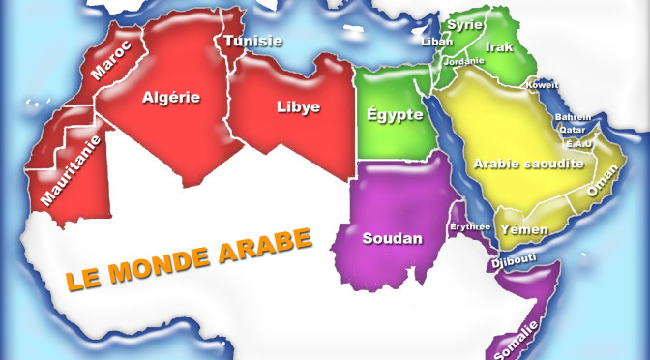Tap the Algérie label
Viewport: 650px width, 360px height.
[171, 97]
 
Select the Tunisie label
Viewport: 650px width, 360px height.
[252, 41]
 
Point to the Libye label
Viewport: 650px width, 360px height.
[298, 107]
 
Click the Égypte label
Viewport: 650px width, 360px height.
[395, 115]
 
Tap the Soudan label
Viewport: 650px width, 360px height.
[392, 238]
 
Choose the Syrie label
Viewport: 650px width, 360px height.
[465, 25]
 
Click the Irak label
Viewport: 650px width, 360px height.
[499, 46]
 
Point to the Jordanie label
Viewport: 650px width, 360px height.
[463, 61]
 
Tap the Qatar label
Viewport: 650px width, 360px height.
[572, 130]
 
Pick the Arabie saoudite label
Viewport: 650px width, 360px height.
[528, 164]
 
